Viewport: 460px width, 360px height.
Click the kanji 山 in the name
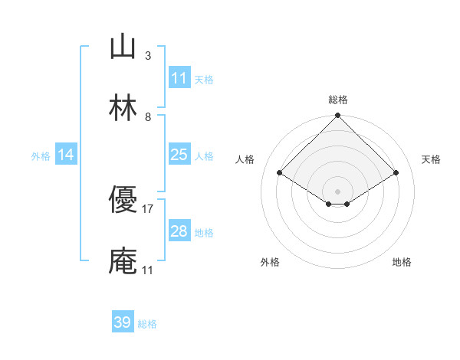click(x=123, y=47)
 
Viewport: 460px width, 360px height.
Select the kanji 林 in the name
click(x=123, y=109)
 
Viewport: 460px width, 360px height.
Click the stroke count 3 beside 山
click(x=147, y=56)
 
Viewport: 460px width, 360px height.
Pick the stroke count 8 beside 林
click(x=147, y=117)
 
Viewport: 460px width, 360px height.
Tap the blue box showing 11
click(x=179, y=78)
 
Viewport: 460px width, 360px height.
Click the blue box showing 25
click(x=179, y=155)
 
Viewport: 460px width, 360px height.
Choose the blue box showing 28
click(x=179, y=231)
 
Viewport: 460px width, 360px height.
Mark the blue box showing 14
click(x=66, y=155)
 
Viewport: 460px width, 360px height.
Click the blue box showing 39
click(x=122, y=322)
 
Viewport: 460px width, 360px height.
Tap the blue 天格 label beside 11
click(x=204, y=79)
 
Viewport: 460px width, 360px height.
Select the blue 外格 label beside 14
click(x=41, y=155)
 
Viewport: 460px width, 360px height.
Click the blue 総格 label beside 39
click(x=147, y=324)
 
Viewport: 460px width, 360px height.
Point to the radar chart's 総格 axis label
click(x=338, y=100)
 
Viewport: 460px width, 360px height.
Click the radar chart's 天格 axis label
click(x=432, y=159)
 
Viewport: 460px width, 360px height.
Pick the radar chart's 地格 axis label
click(x=402, y=262)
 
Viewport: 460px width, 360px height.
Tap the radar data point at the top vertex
click(x=338, y=116)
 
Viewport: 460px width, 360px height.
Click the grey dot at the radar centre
click(x=338, y=191)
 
